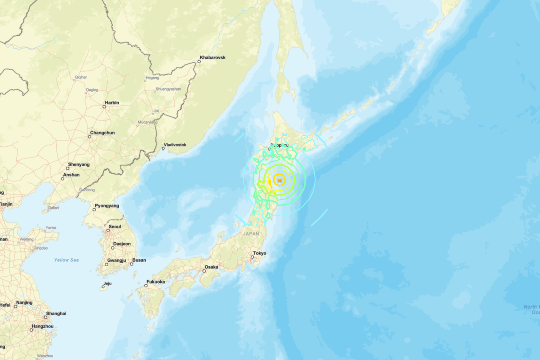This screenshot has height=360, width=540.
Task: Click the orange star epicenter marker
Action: (279, 180)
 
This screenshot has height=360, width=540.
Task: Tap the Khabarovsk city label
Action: (213, 57)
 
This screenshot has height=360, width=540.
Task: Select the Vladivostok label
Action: (175, 145)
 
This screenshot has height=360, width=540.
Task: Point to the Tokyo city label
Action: (260, 253)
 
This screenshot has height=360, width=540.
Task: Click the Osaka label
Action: (211, 267)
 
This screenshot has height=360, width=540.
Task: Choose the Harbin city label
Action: (112, 103)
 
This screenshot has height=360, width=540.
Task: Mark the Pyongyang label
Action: (107, 206)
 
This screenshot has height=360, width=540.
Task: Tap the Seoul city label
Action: (115, 226)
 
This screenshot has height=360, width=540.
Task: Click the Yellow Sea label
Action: (66, 260)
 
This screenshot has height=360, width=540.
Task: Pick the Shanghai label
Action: (56, 313)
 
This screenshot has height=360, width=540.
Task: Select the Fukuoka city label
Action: (155, 282)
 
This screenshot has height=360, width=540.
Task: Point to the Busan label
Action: (139, 260)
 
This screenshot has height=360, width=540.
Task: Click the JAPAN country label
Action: (251, 234)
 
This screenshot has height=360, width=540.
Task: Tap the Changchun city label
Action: (102, 133)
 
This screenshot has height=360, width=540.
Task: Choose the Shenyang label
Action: (79, 164)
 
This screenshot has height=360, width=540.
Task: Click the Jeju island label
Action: (107, 284)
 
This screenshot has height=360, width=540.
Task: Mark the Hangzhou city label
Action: (42, 326)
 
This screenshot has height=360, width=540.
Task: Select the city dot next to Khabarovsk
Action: (199, 62)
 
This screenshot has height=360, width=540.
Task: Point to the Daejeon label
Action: (122, 244)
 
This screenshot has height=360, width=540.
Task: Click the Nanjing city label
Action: (24, 303)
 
